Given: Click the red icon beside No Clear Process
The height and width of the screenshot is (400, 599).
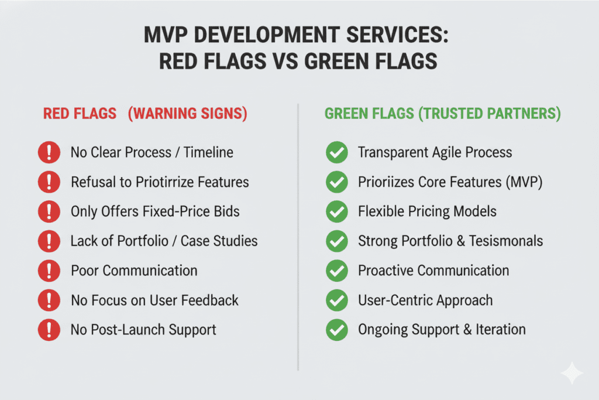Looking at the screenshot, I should click(49, 153).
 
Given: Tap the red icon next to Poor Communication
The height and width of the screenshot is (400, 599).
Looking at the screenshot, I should click(49, 271).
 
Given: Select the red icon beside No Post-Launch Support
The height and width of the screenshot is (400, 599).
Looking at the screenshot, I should click(49, 330).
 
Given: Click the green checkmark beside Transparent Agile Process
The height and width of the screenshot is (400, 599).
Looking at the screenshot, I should click(336, 153).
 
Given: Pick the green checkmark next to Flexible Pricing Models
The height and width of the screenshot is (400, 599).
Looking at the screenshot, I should click(336, 211).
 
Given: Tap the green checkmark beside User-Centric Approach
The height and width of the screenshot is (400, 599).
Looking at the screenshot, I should click(336, 300).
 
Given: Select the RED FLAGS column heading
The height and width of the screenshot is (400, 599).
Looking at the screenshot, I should click(79, 114).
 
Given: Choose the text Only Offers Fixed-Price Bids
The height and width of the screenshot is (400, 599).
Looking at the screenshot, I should click(155, 211).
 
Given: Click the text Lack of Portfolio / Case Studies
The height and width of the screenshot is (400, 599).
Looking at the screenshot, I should click(164, 241).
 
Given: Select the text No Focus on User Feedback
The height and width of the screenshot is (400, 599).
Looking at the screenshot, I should click(154, 300).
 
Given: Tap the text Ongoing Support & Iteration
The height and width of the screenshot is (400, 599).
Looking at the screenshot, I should click(442, 330).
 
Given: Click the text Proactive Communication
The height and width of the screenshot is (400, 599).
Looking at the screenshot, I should click(433, 271).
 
